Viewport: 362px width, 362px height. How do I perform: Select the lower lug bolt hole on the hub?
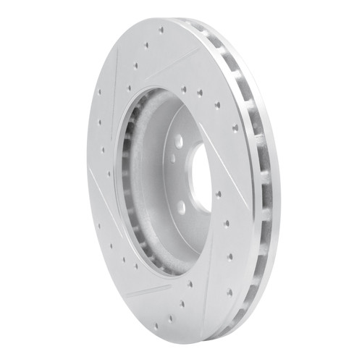[181, 207]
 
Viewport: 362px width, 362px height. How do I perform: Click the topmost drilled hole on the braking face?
[161, 30]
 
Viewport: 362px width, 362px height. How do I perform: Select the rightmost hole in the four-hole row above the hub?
[216, 106]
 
